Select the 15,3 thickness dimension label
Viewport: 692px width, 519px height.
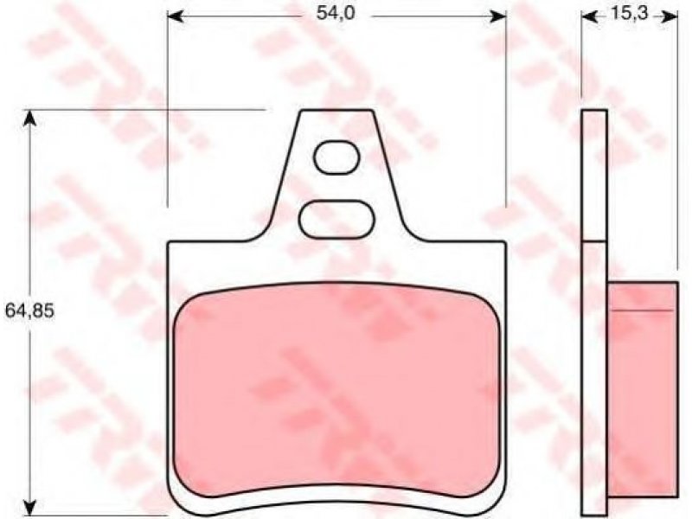click(630, 14)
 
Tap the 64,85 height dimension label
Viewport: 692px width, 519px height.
click(29, 311)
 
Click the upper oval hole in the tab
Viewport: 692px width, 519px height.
click(336, 157)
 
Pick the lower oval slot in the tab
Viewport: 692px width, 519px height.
click(336, 220)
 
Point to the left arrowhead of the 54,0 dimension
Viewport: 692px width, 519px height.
click(176, 16)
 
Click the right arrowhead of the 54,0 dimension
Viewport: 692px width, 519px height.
click(499, 16)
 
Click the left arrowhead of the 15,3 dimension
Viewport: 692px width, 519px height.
click(589, 16)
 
